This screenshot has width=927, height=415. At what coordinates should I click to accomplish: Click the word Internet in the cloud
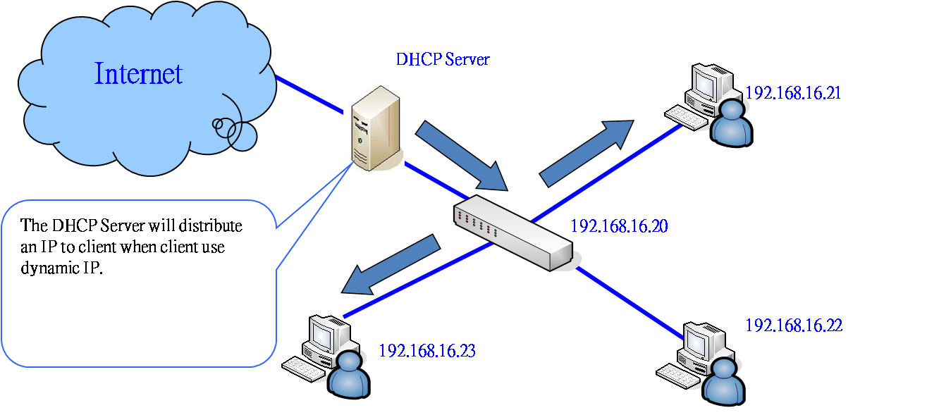(138, 74)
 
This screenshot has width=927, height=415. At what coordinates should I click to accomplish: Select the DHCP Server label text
(443, 60)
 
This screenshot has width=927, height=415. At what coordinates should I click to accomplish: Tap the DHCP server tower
(376, 128)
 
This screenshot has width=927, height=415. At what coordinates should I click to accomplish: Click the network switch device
(514, 233)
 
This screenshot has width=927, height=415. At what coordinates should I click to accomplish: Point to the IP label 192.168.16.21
(793, 93)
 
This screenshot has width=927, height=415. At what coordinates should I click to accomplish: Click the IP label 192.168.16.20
(619, 226)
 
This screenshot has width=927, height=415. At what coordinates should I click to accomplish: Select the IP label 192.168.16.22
(794, 326)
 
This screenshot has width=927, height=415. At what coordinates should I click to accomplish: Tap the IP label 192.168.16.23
(427, 351)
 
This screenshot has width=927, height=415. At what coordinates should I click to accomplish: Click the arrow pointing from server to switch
(462, 156)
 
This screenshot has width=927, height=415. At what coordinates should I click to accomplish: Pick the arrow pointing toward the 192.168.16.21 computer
(587, 154)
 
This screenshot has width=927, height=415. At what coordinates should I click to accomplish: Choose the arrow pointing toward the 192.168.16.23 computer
(391, 264)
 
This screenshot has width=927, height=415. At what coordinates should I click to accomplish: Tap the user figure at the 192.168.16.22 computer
(724, 382)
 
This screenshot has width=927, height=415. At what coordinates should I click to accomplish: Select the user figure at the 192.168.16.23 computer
(349, 376)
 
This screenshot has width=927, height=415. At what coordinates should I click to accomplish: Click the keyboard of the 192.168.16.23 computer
(303, 369)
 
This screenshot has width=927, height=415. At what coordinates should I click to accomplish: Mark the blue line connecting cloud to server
(309, 94)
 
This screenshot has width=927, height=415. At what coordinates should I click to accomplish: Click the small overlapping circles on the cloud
(234, 134)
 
